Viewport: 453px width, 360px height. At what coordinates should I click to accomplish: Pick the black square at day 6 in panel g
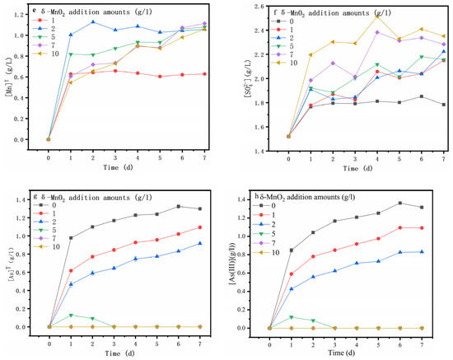tap(201, 207)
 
